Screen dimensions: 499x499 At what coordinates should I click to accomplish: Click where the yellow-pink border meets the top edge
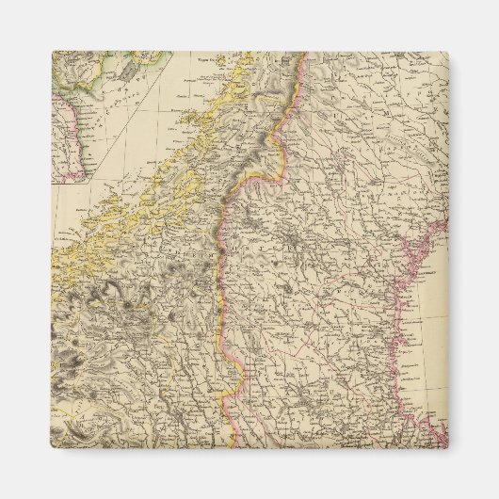click(x=304, y=54)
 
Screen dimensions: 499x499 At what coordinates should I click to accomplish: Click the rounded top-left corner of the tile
click(x=55, y=55)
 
